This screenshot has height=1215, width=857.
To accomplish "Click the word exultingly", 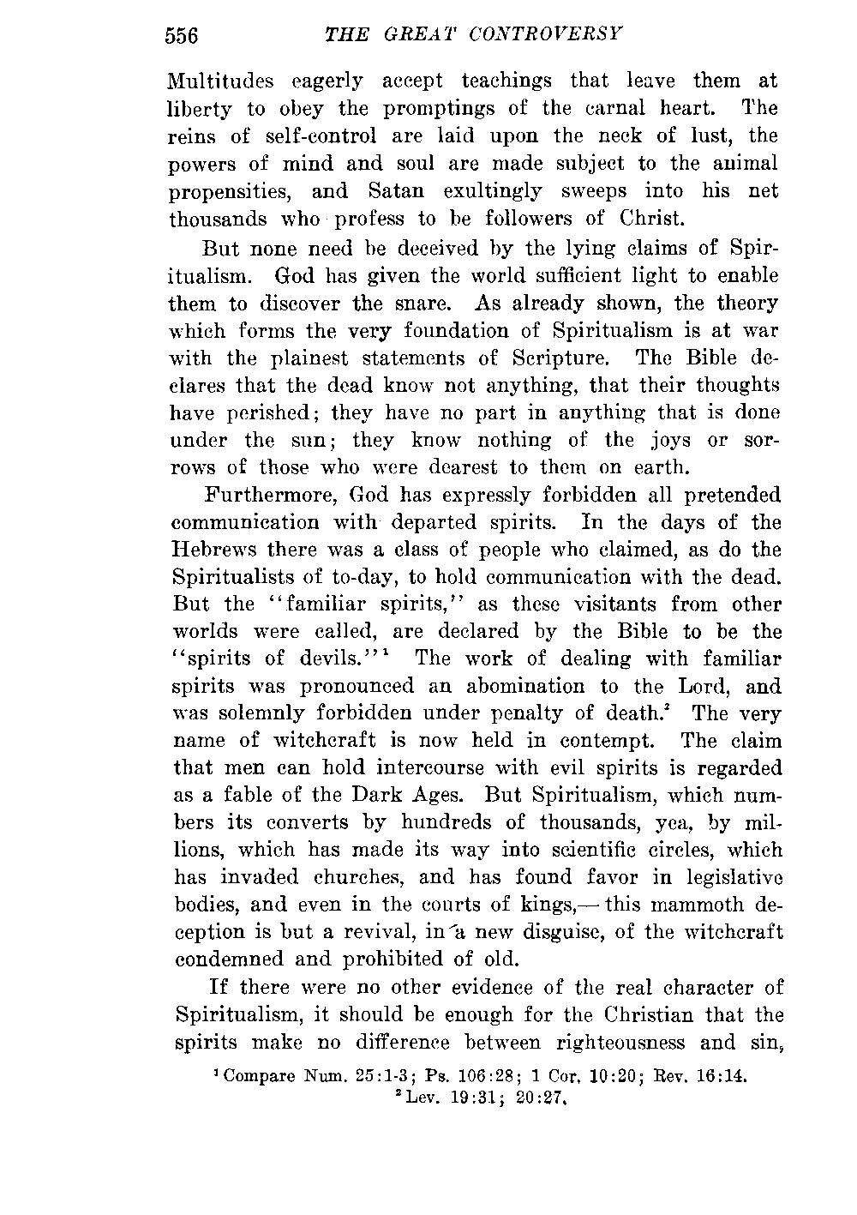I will click(493, 190).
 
